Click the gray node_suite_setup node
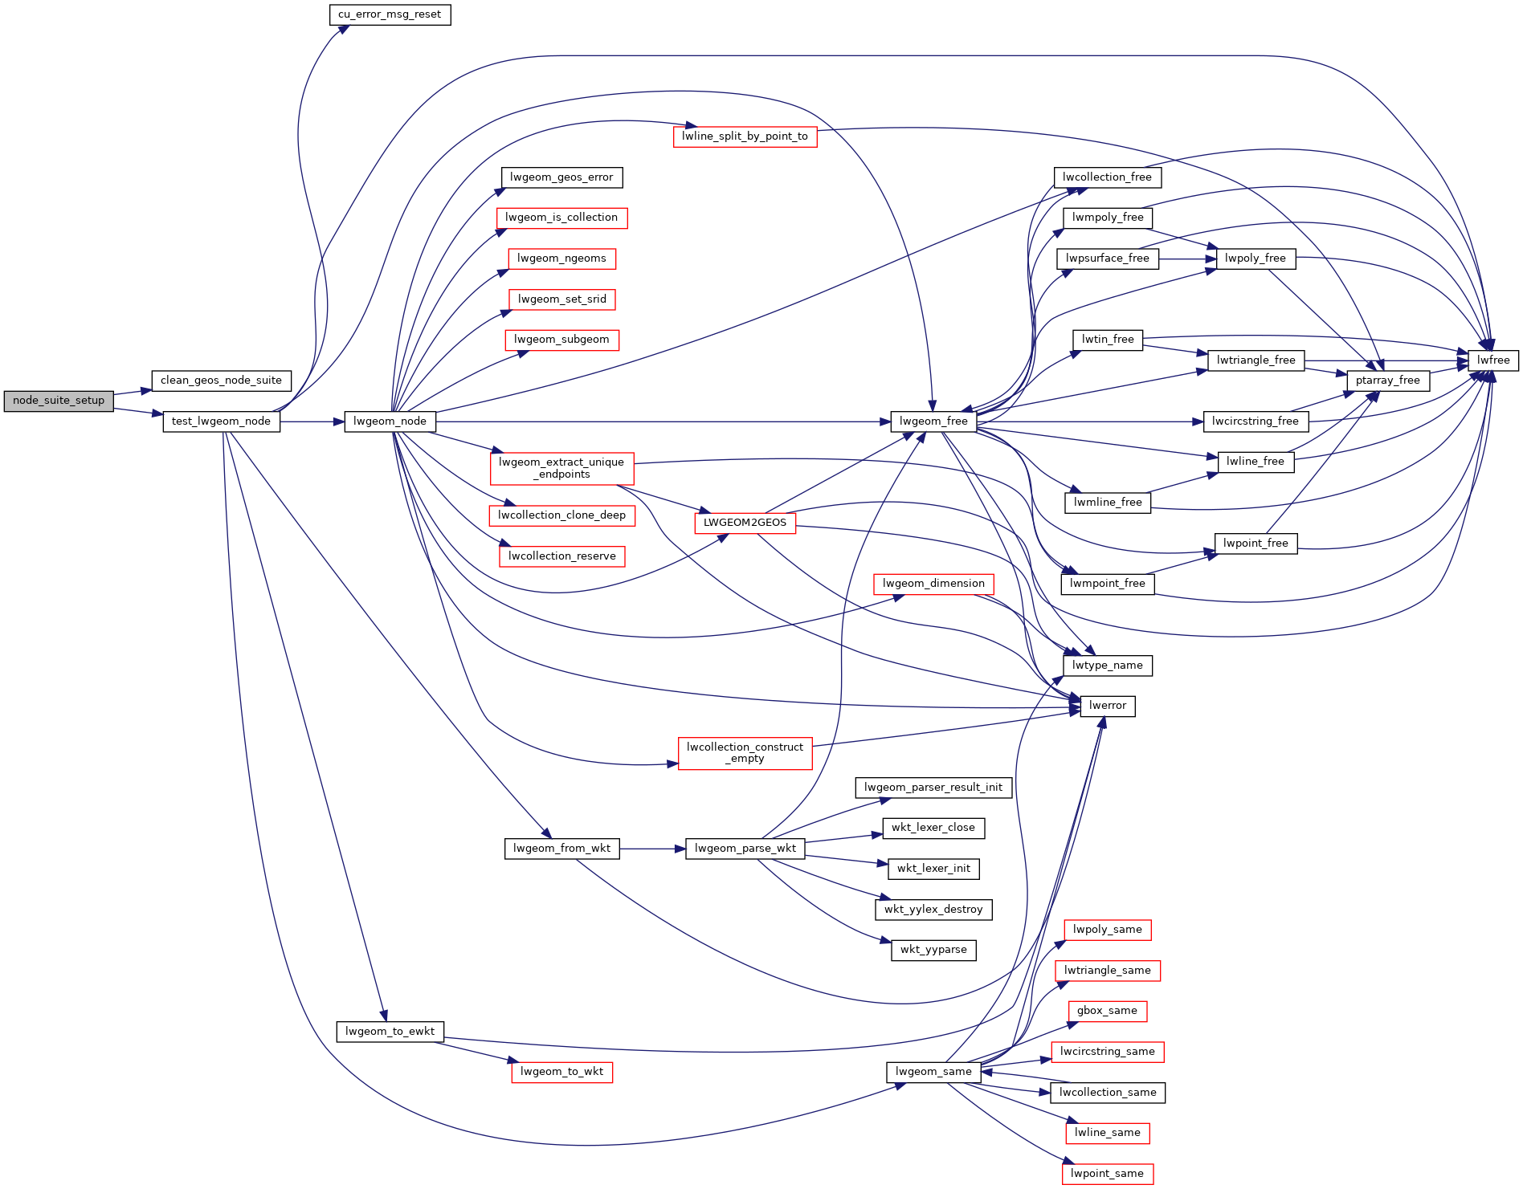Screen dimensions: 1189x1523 pos(59,401)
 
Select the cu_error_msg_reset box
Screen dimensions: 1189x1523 pos(390,14)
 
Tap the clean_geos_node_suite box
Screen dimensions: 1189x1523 pos(221,381)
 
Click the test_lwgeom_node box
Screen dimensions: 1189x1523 pos(221,421)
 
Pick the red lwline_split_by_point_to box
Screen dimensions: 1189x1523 pos(745,136)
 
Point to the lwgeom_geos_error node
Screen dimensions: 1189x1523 pos(561,177)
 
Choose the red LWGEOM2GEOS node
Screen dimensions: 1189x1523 pos(745,523)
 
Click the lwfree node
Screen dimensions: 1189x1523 pos(1493,360)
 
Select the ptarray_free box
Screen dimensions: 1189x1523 pos(1387,381)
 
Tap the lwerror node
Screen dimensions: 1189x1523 pos(1108,706)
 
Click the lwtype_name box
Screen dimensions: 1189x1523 pos(1107,666)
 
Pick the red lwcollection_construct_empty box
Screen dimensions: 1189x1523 pos(745,753)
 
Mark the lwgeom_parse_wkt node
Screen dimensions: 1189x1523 pos(745,849)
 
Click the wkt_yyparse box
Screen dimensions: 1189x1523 pos(933,950)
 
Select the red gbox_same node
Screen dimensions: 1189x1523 pos(1107,1011)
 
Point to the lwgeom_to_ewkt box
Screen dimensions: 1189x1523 pos(390,1032)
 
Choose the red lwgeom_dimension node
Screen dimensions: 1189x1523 pos(933,584)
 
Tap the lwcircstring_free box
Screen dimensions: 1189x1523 pos(1255,421)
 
